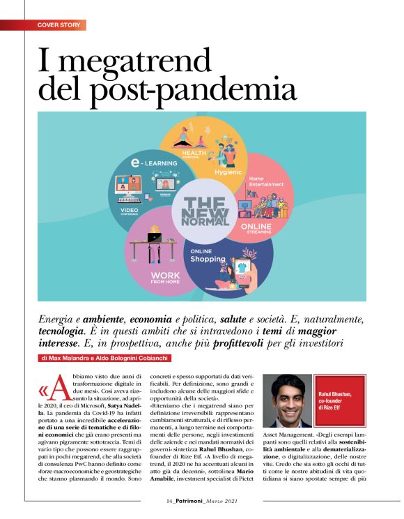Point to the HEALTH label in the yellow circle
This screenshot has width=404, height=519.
pyautogui.click(x=196, y=151)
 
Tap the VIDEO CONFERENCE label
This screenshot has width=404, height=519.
pyautogui.click(x=129, y=211)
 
